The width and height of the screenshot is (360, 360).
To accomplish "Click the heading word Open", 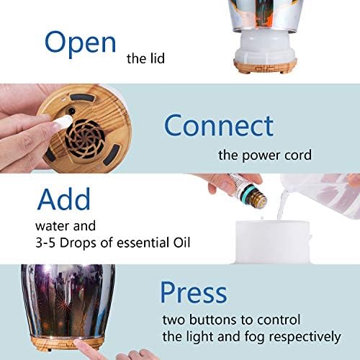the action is click(x=81, y=44).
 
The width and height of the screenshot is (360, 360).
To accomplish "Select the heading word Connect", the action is click(x=219, y=125).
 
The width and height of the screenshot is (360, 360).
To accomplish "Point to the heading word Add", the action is click(x=64, y=199).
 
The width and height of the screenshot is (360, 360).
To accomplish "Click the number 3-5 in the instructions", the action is click(x=45, y=243).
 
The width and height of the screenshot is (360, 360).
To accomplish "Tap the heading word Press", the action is click(x=194, y=292).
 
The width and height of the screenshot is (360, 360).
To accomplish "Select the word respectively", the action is click(x=305, y=337).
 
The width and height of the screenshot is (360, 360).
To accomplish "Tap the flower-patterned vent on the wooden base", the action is click(x=85, y=140).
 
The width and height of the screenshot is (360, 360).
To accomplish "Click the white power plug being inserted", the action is click(x=62, y=122).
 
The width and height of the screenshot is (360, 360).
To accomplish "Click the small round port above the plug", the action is click(x=71, y=111).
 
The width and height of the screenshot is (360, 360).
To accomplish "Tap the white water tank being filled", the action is click(x=272, y=242).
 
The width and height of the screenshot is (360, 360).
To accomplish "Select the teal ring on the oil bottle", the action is click(x=248, y=192).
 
